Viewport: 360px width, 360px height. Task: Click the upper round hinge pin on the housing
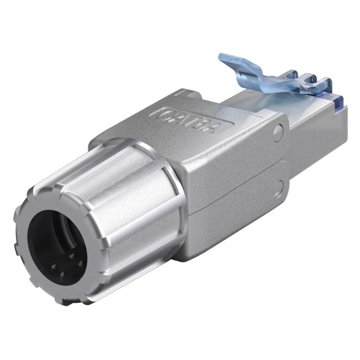[x=277, y=134]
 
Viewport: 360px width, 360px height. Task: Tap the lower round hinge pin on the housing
[x=279, y=187]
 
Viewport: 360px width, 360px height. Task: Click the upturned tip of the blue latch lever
[x=226, y=60]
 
